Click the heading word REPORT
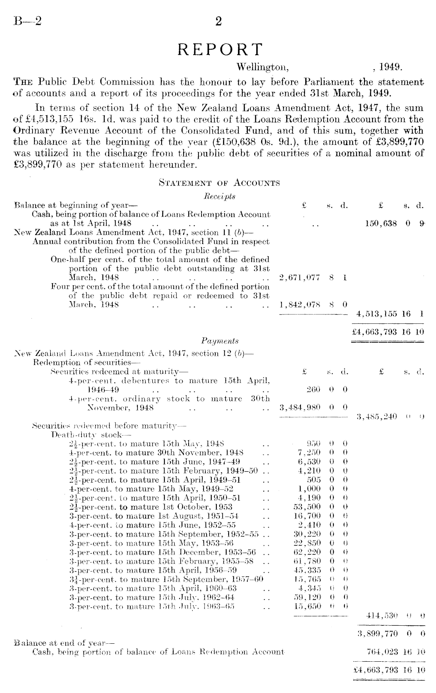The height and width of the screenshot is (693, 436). coord(219,50)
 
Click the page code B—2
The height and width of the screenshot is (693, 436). coord(27,21)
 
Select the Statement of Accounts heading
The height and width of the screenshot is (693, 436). coord(219,183)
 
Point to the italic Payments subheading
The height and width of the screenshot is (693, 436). coord(220,341)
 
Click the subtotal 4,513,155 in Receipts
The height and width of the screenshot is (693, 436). coord(376,314)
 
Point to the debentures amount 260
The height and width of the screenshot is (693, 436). coord(313,390)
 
